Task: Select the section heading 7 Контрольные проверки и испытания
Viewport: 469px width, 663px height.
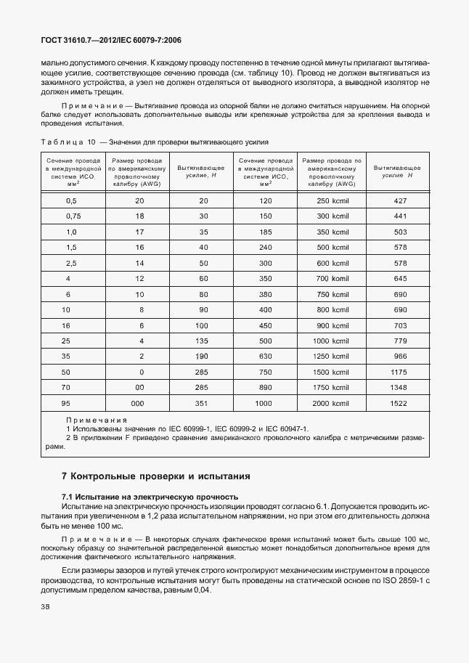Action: point(155,476)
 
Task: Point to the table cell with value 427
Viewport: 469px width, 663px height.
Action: point(399,200)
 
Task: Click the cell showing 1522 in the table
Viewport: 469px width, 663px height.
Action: point(399,402)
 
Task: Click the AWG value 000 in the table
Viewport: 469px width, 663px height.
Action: point(139,402)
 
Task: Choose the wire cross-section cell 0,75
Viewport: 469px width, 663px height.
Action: point(72,216)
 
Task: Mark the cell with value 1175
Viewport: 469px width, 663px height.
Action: point(399,371)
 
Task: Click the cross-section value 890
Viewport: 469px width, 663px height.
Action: point(264,387)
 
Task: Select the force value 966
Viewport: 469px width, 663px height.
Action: point(399,356)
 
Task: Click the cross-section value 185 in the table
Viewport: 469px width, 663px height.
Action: point(264,231)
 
